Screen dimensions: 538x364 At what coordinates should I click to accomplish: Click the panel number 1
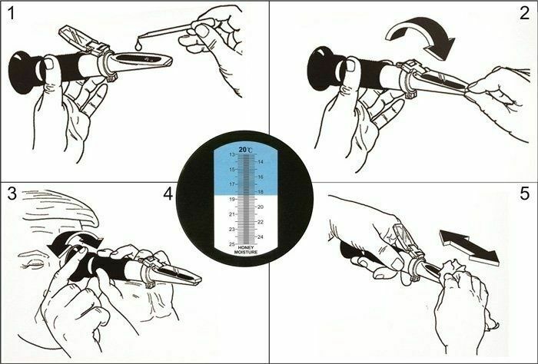tap(12, 14)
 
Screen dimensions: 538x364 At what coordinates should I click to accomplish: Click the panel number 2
tap(525, 13)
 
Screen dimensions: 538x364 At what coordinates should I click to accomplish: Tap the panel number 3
tap(12, 194)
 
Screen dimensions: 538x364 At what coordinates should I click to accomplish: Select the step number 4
tap(168, 194)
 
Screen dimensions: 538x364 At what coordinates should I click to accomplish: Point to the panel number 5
tap(525, 194)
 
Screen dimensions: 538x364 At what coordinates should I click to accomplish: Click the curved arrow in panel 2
tap(421, 37)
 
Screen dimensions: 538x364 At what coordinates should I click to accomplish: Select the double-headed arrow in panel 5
tap(469, 247)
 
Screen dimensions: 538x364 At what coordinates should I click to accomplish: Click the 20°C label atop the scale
tap(246, 150)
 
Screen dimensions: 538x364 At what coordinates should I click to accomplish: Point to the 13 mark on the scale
tap(232, 154)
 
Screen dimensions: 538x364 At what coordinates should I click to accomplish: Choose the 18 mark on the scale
tap(261, 192)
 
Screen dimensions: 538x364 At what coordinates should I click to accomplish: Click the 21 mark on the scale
tap(232, 214)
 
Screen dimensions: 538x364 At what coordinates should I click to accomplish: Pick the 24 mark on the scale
tap(261, 237)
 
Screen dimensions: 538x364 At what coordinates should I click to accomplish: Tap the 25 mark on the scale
tap(232, 244)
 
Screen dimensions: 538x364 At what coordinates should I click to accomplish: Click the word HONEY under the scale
tap(246, 248)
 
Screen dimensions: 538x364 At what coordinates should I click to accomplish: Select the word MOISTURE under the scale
tap(246, 252)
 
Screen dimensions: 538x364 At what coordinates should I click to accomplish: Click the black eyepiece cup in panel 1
tap(24, 72)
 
